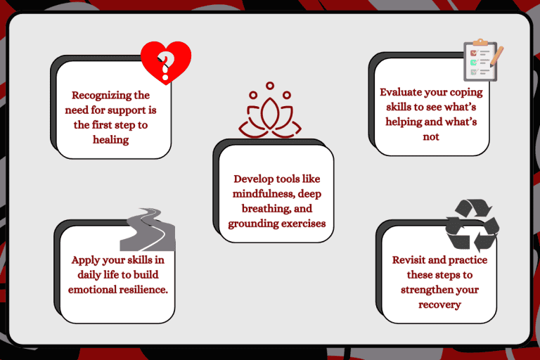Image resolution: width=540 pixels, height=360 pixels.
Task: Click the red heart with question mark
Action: pos(166,62)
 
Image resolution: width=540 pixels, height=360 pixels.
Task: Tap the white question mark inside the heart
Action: pos(166,63)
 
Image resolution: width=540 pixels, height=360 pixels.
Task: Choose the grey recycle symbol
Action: pos(472,225)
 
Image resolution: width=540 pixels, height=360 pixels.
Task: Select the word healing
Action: pos(111,139)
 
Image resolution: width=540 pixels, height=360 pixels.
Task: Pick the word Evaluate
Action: pos(404,91)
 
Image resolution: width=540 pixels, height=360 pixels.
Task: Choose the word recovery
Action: pos(439,304)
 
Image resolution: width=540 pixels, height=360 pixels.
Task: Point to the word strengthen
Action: pos(429,290)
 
